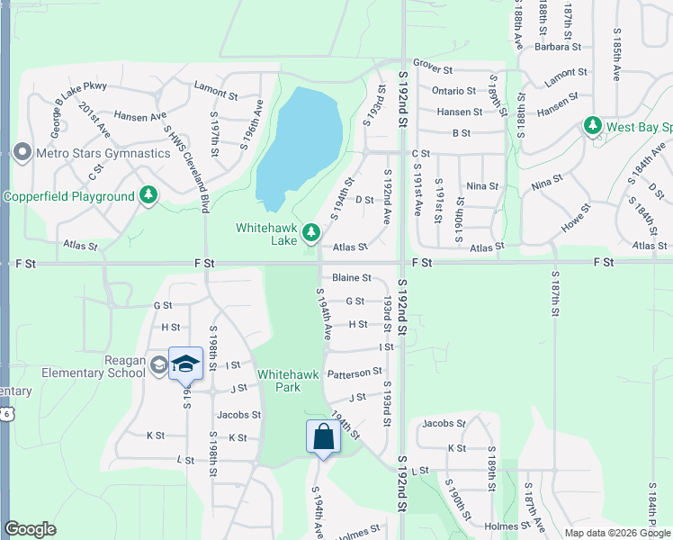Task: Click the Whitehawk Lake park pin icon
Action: tap(311, 233)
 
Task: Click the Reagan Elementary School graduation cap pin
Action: tap(185, 364)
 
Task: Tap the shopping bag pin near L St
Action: tap(323, 437)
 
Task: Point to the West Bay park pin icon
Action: tap(592, 127)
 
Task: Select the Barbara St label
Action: tap(560, 47)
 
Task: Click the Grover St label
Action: tap(432, 69)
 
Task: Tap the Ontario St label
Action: tap(453, 91)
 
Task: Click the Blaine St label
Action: tap(351, 278)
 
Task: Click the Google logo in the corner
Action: tap(30, 529)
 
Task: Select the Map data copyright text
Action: tap(617, 533)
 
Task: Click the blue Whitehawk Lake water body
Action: tap(300, 144)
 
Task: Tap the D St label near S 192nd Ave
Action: tap(364, 200)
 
